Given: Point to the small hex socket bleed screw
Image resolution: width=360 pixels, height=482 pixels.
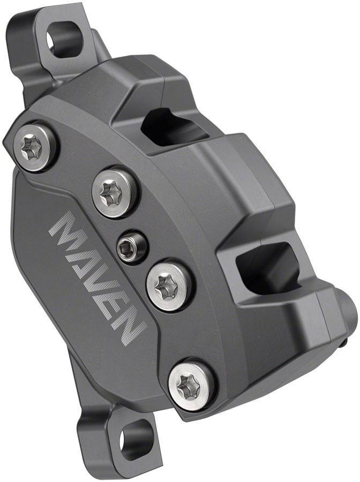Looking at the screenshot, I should coord(131,246).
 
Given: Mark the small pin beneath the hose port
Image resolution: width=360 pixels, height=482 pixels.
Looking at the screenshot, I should coord(346,339).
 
